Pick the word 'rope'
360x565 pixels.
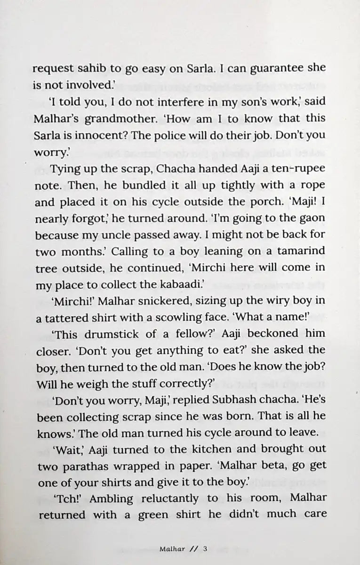click(313, 185)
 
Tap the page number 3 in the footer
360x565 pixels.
click(205, 549)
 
